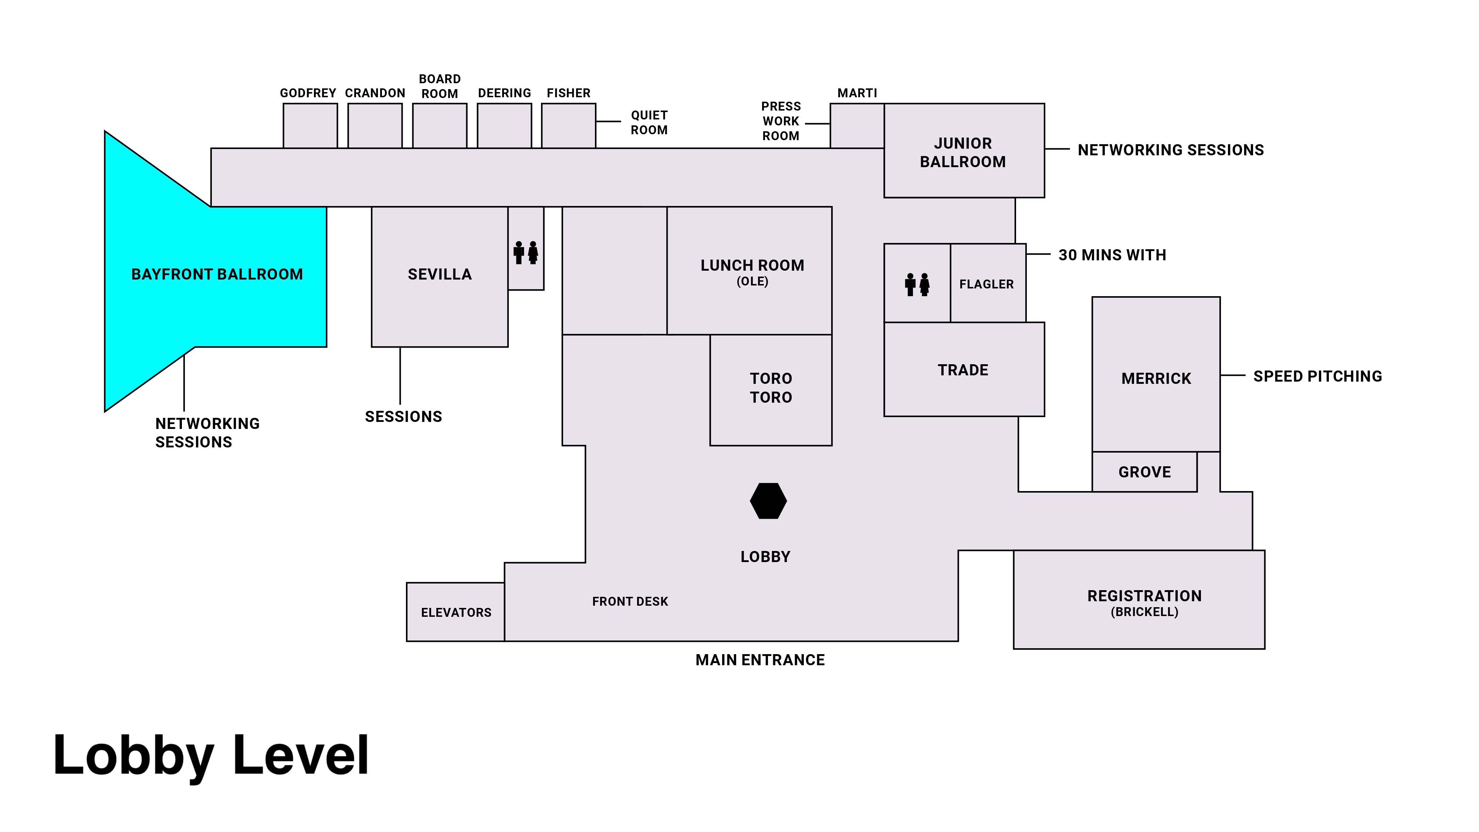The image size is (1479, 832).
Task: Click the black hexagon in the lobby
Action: click(768, 501)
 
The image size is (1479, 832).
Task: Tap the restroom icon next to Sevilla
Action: click(526, 253)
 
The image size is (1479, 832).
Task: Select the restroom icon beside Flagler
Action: click(917, 284)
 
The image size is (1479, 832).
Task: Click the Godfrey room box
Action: click(310, 126)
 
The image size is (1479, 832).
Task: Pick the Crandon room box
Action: click(375, 126)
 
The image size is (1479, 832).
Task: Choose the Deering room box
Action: click(504, 126)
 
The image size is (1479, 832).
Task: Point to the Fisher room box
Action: click(568, 126)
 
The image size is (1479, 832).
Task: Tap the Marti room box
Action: click(857, 126)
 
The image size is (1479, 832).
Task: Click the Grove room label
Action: click(1144, 472)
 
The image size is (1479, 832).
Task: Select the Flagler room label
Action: click(986, 284)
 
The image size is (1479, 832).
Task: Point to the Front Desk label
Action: click(630, 601)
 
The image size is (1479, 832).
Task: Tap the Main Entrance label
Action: click(759, 660)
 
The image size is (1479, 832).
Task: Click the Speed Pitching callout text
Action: click(1317, 376)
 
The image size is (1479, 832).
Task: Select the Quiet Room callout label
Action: click(649, 122)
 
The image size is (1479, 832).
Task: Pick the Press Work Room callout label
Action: click(780, 121)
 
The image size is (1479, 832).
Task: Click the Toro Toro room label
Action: click(771, 388)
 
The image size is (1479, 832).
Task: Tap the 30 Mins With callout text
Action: click(1112, 255)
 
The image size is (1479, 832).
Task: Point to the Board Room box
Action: click(439, 126)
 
